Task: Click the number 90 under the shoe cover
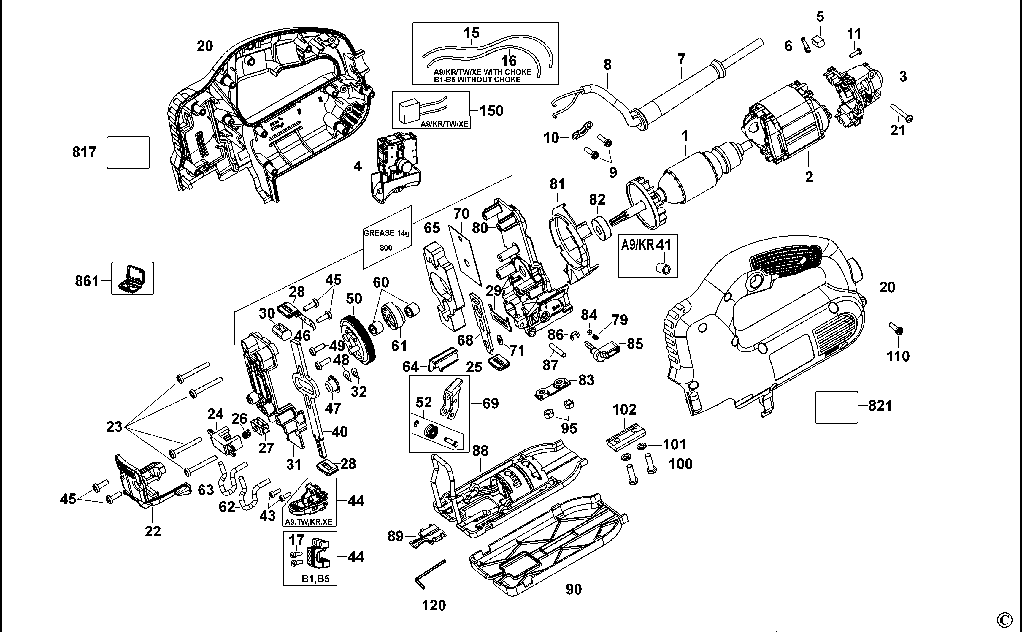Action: (x=574, y=589)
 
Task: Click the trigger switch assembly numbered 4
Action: (x=395, y=167)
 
